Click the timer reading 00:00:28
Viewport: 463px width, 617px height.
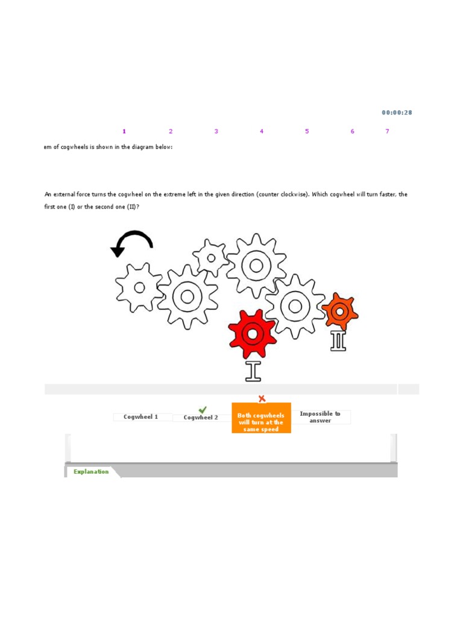(x=397, y=113)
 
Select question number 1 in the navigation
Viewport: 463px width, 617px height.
(x=124, y=131)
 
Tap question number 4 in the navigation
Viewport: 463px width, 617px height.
(x=262, y=131)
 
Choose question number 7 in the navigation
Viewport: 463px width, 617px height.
(x=387, y=131)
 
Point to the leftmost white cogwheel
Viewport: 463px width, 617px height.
(x=139, y=287)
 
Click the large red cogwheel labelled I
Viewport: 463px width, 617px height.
(x=252, y=333)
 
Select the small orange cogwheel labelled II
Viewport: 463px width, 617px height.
(x=339, y=312)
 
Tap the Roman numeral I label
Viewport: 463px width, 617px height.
(x=253, y=371)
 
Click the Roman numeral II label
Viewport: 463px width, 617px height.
(x=338, y=340)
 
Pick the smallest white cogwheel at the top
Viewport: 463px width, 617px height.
(x=210, y=258)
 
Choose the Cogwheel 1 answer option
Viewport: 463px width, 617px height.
(x=141, y=417)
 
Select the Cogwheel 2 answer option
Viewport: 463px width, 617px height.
(x=201, y=418)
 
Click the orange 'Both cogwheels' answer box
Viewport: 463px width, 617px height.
(x=261, y=422)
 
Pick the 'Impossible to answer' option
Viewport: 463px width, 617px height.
(x=320, y=417)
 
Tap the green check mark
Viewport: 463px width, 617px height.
(x=203, y=410)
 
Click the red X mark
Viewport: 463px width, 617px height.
(x=262, y=398)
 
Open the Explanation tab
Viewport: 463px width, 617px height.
(x=91, y=472)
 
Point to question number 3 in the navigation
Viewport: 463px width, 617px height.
(x=216, y=131)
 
